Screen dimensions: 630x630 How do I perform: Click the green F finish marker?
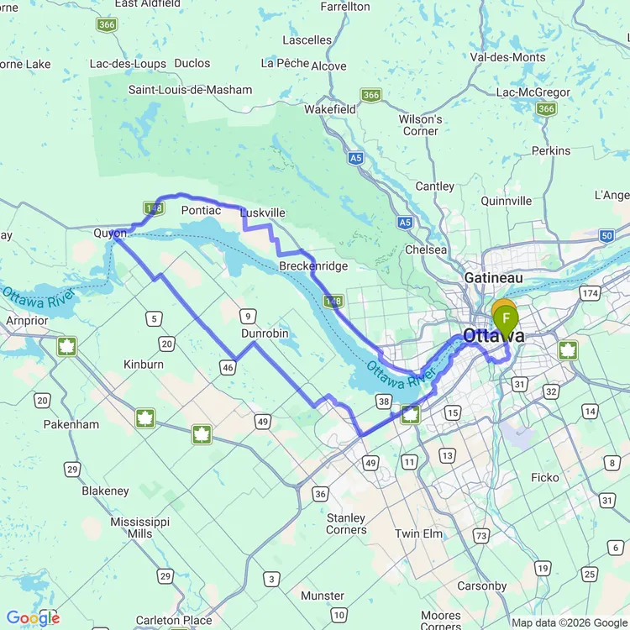(506, 318)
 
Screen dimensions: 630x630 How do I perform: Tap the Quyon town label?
(110, 233)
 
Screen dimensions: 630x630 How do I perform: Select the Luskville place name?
(263, 213)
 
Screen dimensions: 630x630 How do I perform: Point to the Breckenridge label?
(313, 266)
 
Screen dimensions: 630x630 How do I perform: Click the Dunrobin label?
(265, 333)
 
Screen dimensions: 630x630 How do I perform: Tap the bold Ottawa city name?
(493, 336)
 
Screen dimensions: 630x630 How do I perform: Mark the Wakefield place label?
(329, 109)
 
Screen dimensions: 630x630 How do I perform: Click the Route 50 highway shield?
(607, 236)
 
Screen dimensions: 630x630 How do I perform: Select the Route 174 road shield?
(591, 293)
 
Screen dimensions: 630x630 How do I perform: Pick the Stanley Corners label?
(346, 524)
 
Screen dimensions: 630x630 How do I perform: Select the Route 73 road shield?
(481, 536)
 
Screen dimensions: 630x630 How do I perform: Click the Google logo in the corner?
(32, 618)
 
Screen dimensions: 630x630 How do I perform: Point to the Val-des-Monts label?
(507, 57)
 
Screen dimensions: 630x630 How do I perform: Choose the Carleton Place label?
(174, 621)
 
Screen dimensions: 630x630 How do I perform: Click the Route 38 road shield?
(383, 401)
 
